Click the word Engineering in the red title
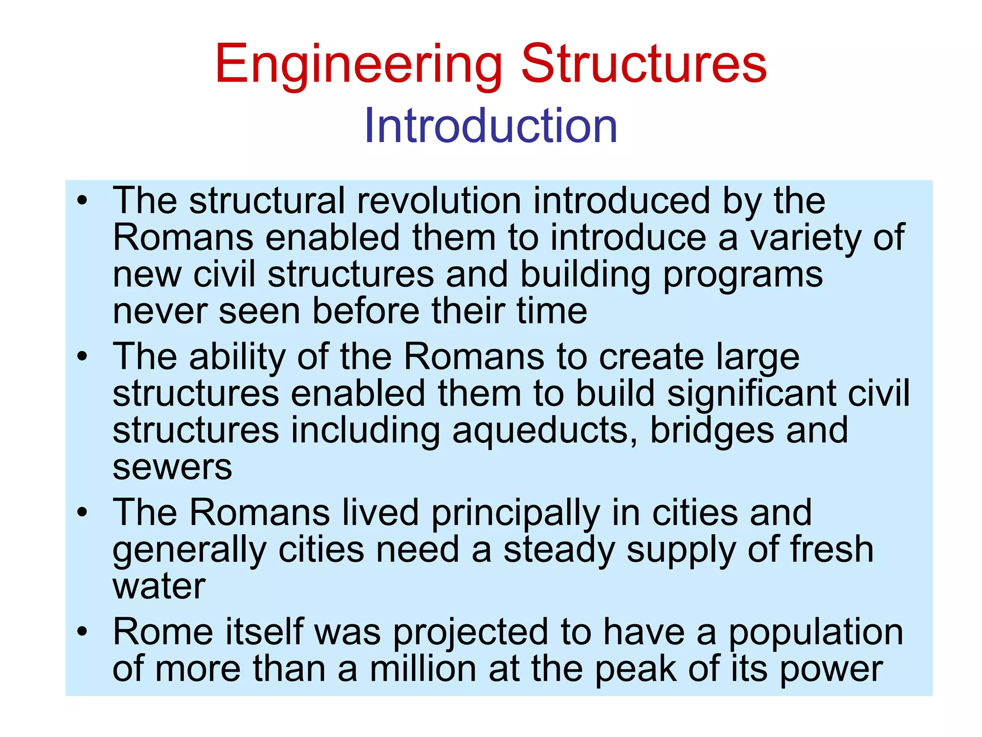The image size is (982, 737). tap(358, 65)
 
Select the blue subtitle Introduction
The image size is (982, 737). tap(491, 126)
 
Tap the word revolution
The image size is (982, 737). tap(439, 201)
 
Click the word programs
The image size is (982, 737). tap(743, 275)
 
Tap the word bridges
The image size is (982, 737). tap(712, 431)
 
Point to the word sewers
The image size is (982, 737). tap(172, 467)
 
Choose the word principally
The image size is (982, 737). tap(515, 513)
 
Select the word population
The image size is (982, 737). tap(816, 632)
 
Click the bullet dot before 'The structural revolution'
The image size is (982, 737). tap(82, 201)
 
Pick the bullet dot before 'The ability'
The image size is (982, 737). tap(82, 357)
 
